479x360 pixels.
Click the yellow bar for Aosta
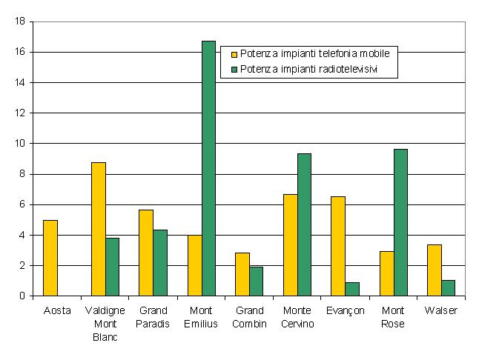pos(50,258)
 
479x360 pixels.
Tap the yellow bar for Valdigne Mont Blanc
pos(99,229)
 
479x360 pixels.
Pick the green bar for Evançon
pos(352,289)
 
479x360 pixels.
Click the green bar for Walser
pos(448,288)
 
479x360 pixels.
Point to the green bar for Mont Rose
pos(400,222)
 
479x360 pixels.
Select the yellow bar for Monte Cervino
pos(290,245)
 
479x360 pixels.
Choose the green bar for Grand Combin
pos(256,281)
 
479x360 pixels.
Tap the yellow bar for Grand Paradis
pos(146,253)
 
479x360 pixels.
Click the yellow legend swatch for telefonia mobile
pos(235,54)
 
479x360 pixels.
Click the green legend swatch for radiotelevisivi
pos(235,69)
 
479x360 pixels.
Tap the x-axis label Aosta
pos(57,311)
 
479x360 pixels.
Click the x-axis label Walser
pos(441,311)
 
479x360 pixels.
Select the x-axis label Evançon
pos(345,311)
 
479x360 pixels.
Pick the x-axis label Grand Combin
pos(249,317)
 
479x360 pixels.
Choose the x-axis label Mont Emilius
pos(202,317)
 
